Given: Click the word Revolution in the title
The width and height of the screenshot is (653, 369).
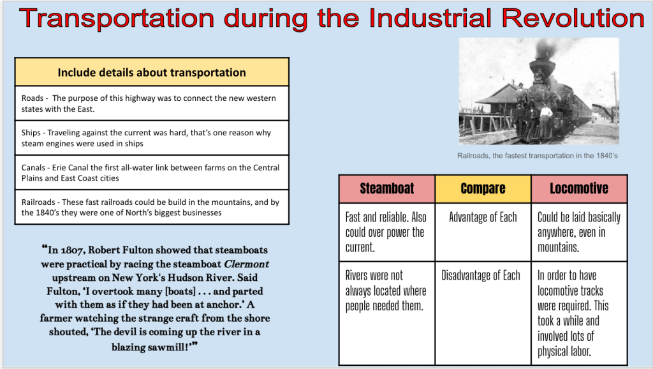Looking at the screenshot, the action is (573, 19).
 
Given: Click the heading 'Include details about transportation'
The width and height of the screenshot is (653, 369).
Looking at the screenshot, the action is (152, 73).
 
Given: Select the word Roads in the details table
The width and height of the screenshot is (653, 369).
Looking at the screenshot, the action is (33, 98).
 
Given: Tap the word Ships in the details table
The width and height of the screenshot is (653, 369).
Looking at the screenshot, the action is (31, 133).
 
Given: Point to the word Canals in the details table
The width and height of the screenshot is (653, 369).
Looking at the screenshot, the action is (33, 168).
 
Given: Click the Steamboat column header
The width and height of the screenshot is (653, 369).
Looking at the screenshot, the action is (387, 188).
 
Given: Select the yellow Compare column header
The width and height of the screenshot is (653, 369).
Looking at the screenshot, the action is (483, 188).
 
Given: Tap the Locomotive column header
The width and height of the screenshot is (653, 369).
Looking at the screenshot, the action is (579, 188).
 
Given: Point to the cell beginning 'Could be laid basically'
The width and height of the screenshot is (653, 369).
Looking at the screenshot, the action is (579, 232).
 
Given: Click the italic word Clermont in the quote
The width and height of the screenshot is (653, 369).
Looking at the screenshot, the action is (247, 264).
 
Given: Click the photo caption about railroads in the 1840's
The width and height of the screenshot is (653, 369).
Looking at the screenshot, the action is (537, 156).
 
